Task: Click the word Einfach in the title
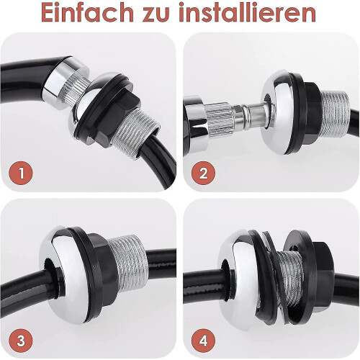click(87, 12)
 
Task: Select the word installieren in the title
click(247, 12)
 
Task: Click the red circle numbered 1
click(21, 173)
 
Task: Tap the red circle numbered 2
click(203, 173)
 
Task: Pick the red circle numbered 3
click(21, 341)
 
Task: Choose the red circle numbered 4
click(203, 341)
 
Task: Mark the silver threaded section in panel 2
click(336, 114)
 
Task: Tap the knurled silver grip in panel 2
click(219, 120)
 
